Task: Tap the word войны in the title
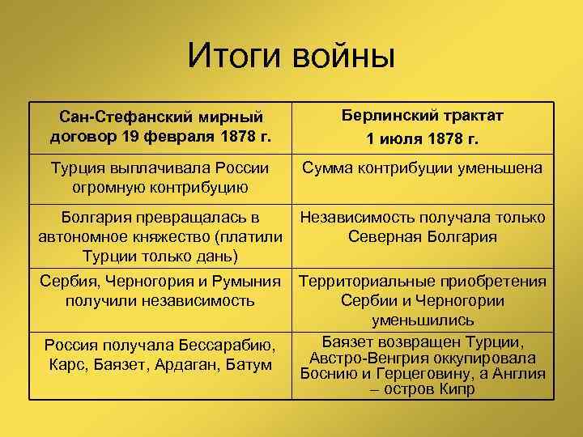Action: pyautogui.click(x=343, y=56)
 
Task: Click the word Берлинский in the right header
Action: pyautogui.click(x=388, y=115)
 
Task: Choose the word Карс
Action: pyautogui.click(x=66, y=366)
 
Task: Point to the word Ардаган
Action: pyautogui.click(x=183, y=366)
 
